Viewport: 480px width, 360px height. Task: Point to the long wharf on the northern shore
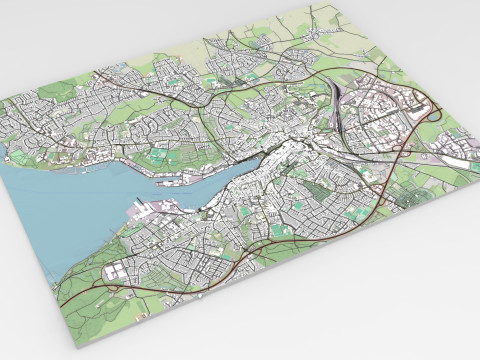coord(190,180)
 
